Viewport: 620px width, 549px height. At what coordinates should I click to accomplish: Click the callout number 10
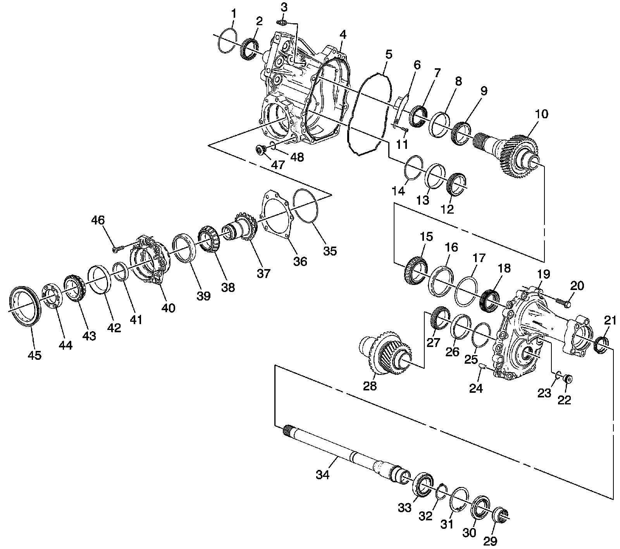coord(541,114)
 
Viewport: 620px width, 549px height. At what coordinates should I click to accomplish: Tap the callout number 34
coord(322,474)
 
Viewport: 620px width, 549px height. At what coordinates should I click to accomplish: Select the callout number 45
coord(34,355)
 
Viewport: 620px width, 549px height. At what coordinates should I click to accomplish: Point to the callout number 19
coord(543,274)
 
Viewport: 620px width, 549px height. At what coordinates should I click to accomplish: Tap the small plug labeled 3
coord(282,23)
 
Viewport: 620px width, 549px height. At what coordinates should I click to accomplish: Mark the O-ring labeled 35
coord(306,206)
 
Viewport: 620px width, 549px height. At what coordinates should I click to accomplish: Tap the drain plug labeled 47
coord(261,149)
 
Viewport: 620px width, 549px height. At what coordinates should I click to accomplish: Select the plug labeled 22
coord(568,379)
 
